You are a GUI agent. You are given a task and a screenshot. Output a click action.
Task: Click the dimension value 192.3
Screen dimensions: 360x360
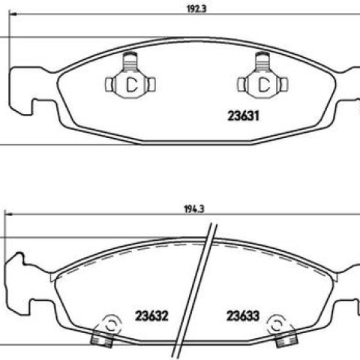click(196, 9)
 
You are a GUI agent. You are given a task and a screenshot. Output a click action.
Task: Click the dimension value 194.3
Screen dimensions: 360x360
click(194, 209)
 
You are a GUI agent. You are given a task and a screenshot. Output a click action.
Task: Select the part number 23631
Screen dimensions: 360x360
click(243, 116)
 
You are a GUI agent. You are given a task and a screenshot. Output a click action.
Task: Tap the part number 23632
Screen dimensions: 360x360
click(151, 316)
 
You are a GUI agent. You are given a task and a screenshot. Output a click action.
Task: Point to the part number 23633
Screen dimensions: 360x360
click(243, 316)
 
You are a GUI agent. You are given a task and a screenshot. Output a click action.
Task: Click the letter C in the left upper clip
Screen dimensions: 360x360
click(131, 85)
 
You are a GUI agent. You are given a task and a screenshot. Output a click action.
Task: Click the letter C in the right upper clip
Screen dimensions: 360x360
click(263, 85)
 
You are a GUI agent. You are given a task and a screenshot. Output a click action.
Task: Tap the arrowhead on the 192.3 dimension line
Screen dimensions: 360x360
click(13, 14)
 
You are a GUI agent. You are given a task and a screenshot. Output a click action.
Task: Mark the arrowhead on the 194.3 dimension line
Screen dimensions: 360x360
click(8, 214)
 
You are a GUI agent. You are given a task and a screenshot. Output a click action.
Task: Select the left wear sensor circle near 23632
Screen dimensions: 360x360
click(112, 325)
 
